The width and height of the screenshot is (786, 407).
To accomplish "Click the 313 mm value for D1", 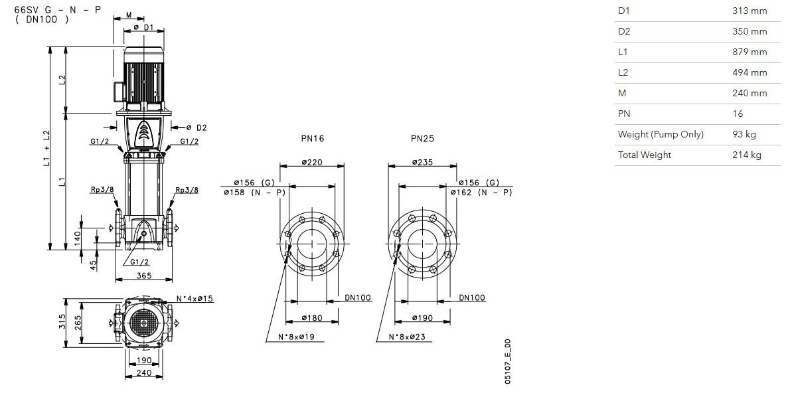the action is (x=749, y=11).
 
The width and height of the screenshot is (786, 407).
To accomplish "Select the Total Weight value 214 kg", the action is (x=746, y=155).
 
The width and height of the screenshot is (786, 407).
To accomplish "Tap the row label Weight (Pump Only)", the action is (x=661, y=134).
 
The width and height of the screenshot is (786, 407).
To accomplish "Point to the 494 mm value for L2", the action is (x=749, y=72).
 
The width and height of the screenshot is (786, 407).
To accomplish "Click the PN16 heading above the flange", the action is (x=312, y=139).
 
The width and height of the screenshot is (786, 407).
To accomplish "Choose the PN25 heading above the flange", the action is (x=423, y=139).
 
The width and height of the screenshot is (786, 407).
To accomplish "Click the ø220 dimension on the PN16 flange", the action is (x=312, y=162).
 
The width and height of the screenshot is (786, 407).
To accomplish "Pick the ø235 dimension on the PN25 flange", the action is (x=423, y=162).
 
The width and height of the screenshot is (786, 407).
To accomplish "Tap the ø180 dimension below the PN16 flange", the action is (x=312, y=318).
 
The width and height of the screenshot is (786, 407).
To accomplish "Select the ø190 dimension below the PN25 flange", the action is (x=423, y=318).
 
